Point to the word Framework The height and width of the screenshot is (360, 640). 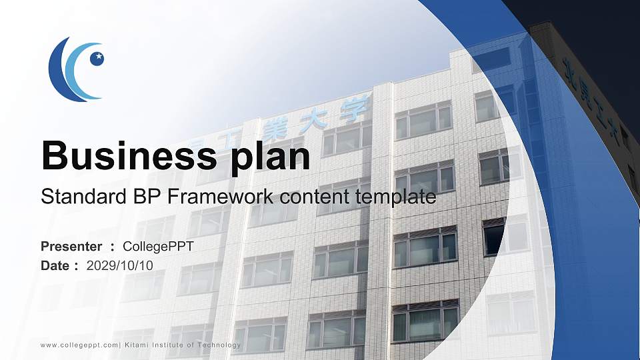click(x=225, y=197)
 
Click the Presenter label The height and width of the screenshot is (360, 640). click(x=71, y=247)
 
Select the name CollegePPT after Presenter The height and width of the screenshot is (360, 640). click(x=159, y=247)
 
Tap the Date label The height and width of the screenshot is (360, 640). click(x=55, y=265)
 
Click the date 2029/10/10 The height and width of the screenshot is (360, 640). click(x=120, y=265)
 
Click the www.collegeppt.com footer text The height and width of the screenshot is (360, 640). click(x=79, y=345)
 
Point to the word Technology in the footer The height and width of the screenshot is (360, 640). click(x=217, y=345)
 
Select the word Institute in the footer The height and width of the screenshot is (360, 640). click(x=170, y=345)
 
